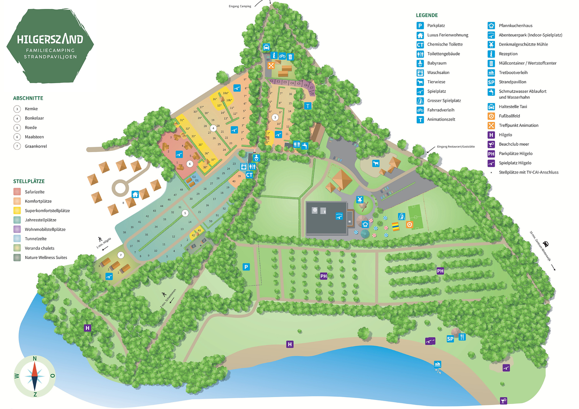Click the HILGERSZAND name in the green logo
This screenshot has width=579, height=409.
50,39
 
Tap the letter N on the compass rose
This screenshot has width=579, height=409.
35,358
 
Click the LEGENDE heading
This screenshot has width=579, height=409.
427,15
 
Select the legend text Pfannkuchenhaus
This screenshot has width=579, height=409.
515,26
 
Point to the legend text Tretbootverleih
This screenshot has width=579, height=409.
513,73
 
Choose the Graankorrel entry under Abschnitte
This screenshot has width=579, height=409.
36,146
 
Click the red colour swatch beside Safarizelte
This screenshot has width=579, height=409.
17,192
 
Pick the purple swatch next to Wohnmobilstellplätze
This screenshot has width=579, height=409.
17,229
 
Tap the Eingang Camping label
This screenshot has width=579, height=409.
240,6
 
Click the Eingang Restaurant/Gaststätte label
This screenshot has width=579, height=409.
456,146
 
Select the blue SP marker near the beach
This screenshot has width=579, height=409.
450,339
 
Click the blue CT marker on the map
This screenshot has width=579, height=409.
249,175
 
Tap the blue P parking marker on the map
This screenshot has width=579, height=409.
246,267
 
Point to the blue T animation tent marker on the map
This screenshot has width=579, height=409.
308,106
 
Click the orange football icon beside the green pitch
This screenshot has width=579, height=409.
409,225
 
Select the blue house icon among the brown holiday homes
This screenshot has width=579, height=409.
135,195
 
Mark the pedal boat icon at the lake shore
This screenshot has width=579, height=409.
438,364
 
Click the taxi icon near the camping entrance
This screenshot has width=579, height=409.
266,47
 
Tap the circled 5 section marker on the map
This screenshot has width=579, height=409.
185,213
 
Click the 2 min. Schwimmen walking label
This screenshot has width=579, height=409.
168,299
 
